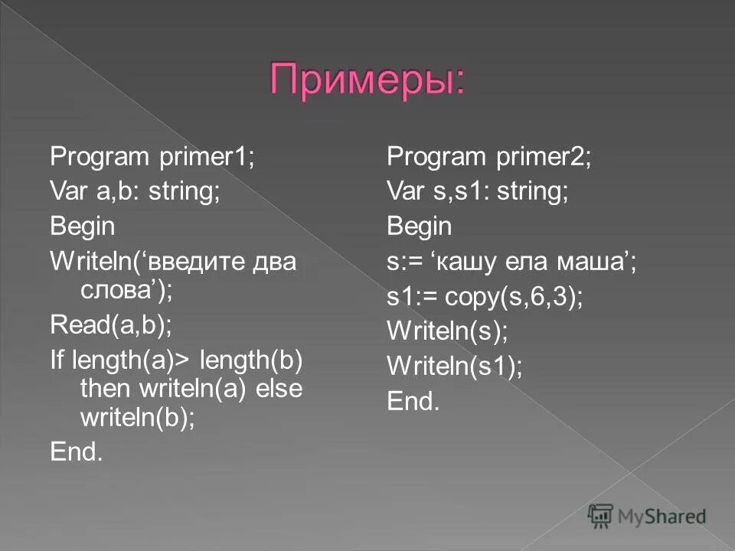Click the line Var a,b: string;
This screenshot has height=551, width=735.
pos(136,191)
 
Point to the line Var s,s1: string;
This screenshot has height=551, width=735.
pos(478,191)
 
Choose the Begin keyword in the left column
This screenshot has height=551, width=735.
pos(83,227)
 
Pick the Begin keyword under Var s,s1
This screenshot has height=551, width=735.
pos(420,227)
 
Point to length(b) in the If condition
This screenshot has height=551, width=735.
pos(252,360)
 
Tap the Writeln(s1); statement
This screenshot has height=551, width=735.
pos(455,367)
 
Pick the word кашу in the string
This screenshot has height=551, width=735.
pos(471,262)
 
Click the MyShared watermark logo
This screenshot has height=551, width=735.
pos(647,517)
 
